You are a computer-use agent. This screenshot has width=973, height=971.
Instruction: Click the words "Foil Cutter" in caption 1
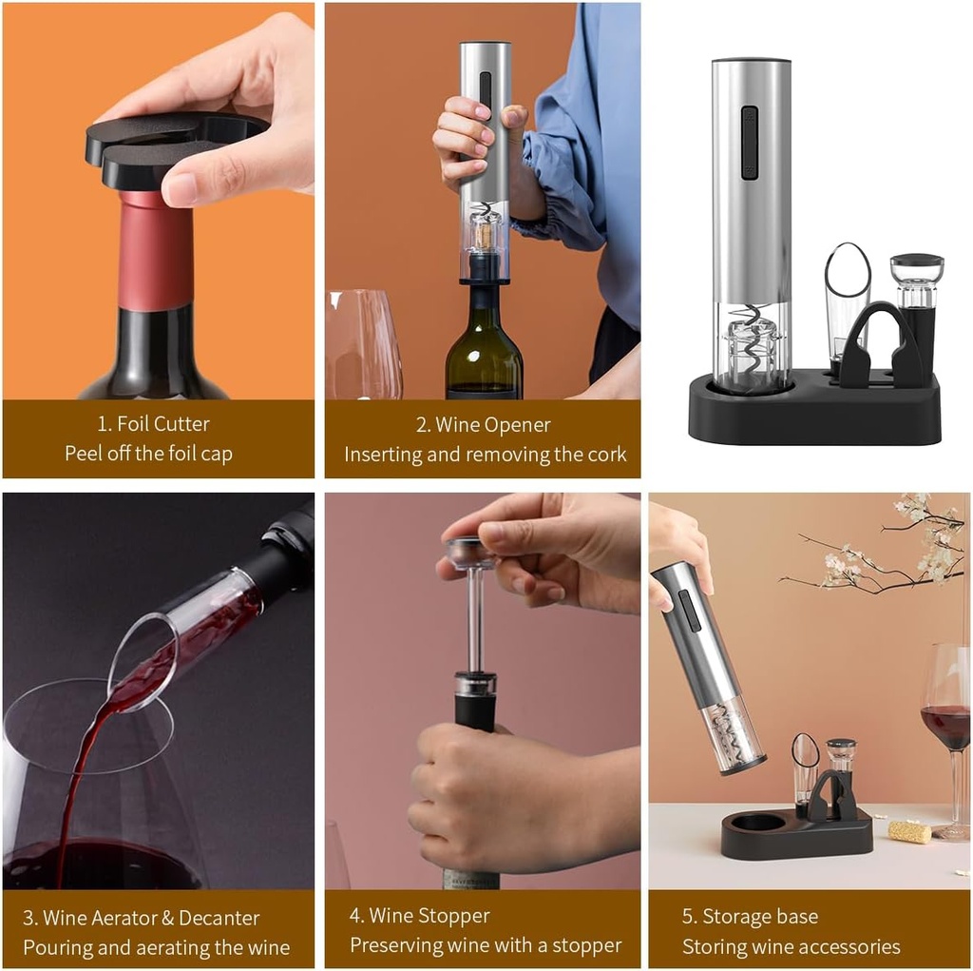[162, 423]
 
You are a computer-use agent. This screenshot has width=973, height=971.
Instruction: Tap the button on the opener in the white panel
[750, 143]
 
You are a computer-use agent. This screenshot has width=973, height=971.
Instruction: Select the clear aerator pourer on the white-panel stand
[846, 295]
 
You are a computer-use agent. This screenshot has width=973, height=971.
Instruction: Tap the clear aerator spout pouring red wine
[181, 637]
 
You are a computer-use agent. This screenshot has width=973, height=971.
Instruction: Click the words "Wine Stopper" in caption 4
[429, 916]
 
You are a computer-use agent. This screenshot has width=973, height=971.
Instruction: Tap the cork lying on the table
[909, 831]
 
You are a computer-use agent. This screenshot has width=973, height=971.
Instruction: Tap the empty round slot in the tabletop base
[757, 823]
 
